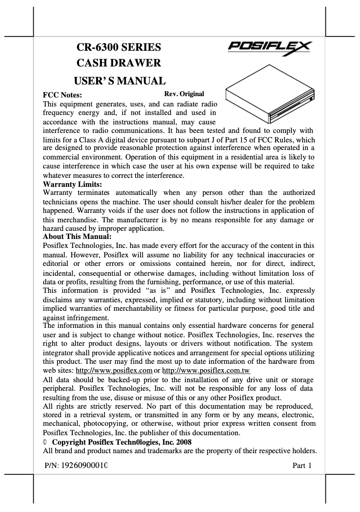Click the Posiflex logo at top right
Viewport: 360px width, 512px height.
point(271,48)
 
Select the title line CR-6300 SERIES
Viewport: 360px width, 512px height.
point(119,47)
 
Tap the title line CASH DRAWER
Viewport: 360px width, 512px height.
point(119,64)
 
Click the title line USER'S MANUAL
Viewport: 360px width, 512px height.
point(119,81)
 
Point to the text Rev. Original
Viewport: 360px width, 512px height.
point(184,94)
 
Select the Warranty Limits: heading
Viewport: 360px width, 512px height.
point(72,184)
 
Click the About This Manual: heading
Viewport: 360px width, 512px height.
point(77,236)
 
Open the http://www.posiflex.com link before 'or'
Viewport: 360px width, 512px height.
point(114,371)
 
